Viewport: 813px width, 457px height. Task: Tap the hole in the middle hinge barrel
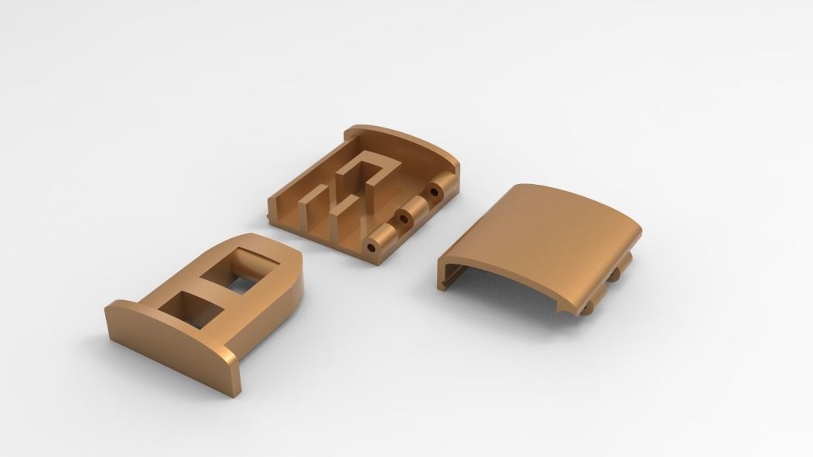tap(403, 219)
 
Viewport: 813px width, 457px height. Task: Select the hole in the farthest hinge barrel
tap(435, 190)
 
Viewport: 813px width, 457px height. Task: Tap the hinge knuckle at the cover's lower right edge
tap(623, 271)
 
